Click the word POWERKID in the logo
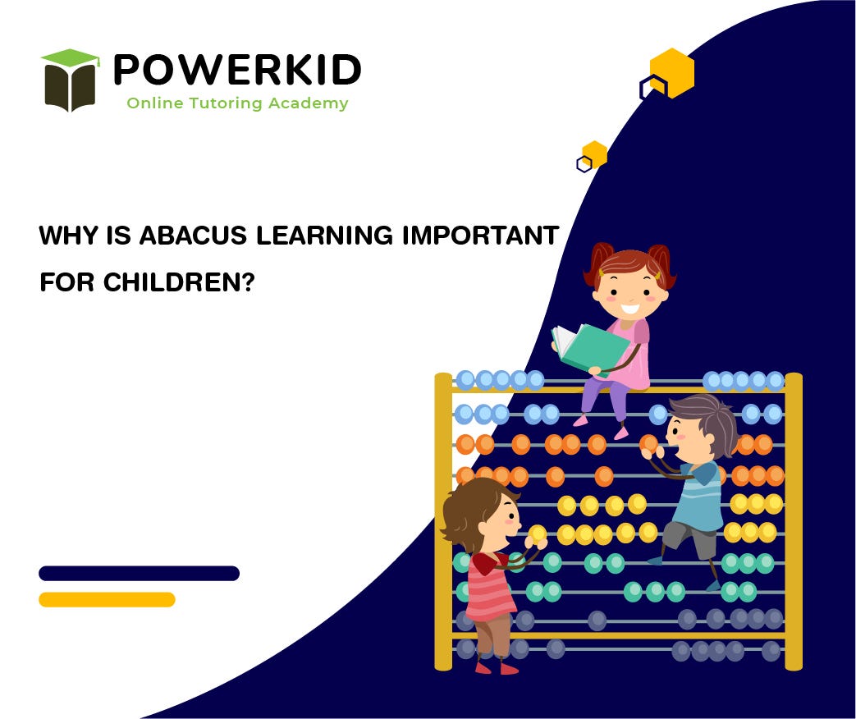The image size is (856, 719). (236, 70)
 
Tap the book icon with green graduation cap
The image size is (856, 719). (71, 80)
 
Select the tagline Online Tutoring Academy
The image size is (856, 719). (236, 103)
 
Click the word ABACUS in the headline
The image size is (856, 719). (194, 236)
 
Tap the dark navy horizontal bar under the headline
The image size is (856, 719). (139, 573)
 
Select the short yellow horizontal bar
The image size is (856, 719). (107, 599)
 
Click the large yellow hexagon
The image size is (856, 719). (672, 73)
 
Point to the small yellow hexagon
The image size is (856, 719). (594, 154)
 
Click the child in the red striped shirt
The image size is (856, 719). (488, 575)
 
